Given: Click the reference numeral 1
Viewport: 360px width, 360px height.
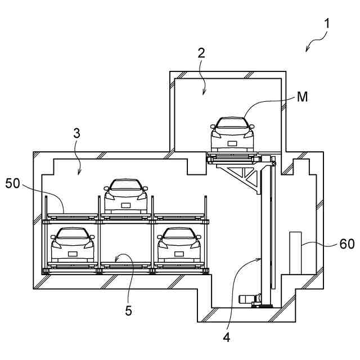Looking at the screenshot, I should click(327, 25).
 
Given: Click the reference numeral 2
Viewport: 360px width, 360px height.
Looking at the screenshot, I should click(201, 54).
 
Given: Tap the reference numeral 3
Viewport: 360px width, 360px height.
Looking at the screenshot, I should click(78, 133).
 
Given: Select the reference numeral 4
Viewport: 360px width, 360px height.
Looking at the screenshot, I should click(226, 337).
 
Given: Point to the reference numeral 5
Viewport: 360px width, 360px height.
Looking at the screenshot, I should click(129, 310).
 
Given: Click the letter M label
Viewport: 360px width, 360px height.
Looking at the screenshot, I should click(303, 97).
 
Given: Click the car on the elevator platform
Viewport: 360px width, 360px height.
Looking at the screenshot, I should click(232, 135).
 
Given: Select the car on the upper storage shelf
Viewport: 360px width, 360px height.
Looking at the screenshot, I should click(126, 196).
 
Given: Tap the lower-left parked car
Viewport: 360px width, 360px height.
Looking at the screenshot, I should click(73, 245).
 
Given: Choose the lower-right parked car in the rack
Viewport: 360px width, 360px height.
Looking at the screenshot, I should click(179, 245).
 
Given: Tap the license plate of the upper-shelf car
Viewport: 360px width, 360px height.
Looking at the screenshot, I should click(126, 204).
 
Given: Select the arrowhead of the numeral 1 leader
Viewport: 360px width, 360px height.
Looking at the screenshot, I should click(307, 51).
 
